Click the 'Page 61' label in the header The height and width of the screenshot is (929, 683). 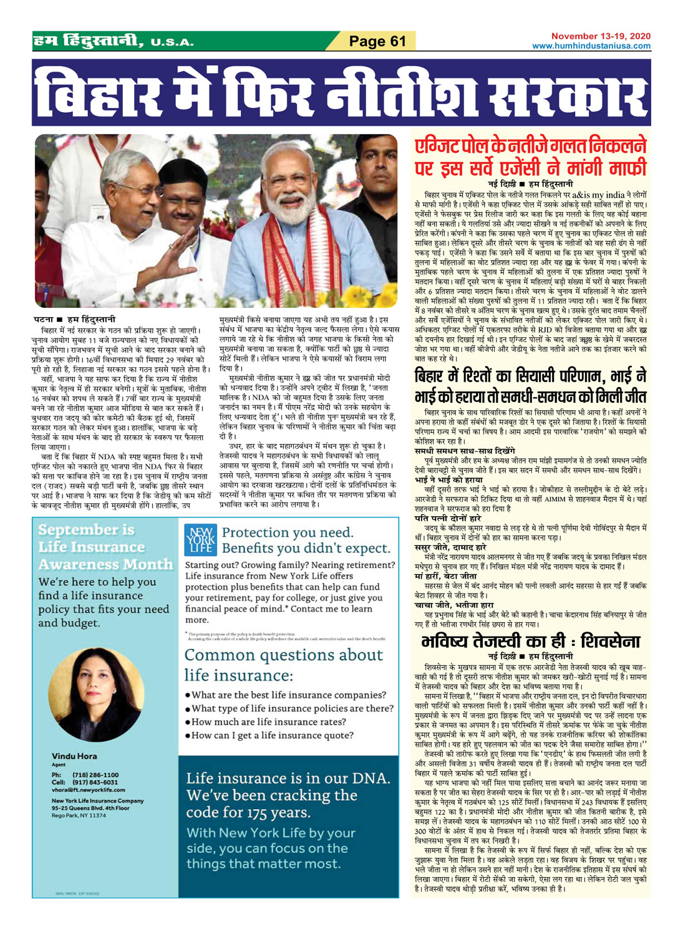377,41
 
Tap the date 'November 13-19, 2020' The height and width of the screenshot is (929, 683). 601,36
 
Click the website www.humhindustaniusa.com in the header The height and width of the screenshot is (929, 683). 591,46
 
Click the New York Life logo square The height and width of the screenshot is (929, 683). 200,540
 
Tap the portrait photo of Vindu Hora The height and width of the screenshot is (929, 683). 95,693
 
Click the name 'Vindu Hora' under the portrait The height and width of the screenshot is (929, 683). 74,756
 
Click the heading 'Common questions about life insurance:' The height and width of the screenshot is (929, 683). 283,665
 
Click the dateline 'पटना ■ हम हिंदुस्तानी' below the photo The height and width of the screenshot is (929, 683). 75,319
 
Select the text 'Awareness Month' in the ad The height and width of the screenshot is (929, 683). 105,564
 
